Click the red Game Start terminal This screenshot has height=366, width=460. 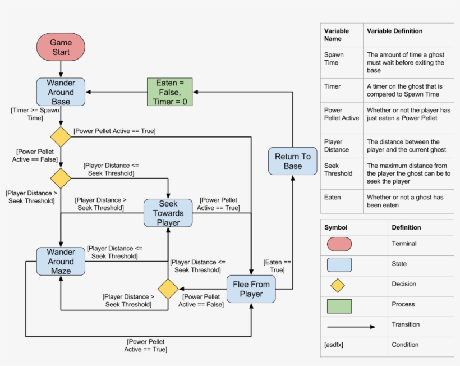pyautogui.click(x=61, y=47)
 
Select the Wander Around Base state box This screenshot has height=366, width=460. pyautogui.click(x=61, y=92)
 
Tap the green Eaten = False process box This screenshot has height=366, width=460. pyautogui.click(x=169, y=92)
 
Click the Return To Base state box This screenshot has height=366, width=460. pyautogui.click(x=292, y=161)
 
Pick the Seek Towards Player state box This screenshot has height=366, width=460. pyautogui.click(x=168, y=213)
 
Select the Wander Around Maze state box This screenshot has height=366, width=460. pyautogui.click(x=61, y=262)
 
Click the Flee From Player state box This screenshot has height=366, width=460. pyautogui.click(x=251, y=289)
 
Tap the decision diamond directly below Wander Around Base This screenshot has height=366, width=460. pyautogui.click(x=61, y=136)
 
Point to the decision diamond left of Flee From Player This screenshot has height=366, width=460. pyautogui.click(x=168, y=289)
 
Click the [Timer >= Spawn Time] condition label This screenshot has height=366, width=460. pyautogui.click(x=35, y=115)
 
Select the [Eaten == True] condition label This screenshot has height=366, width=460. pyautogui.click(x=277, y=266)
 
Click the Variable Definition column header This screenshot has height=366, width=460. pyautogui.click(x=394, y=31)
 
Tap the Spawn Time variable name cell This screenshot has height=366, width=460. pyautogui.click(x=334, y=59)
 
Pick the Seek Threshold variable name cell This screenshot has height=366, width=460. pyautogui.click(x=338, y=170)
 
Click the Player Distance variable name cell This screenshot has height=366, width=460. pyautogui.click(x=336, y=146)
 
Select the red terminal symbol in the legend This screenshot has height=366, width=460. pyautogui.click(x=339, y=244)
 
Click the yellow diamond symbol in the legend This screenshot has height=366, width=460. pyautogui.click(x=337, y=285)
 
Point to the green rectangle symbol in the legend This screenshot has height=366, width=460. pyautogui.click(x=339, y=306)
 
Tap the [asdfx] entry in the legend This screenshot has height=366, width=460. pyautogui.click(x=334, y=344)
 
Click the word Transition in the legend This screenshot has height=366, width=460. pyautogui.click(x=406, y=324)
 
